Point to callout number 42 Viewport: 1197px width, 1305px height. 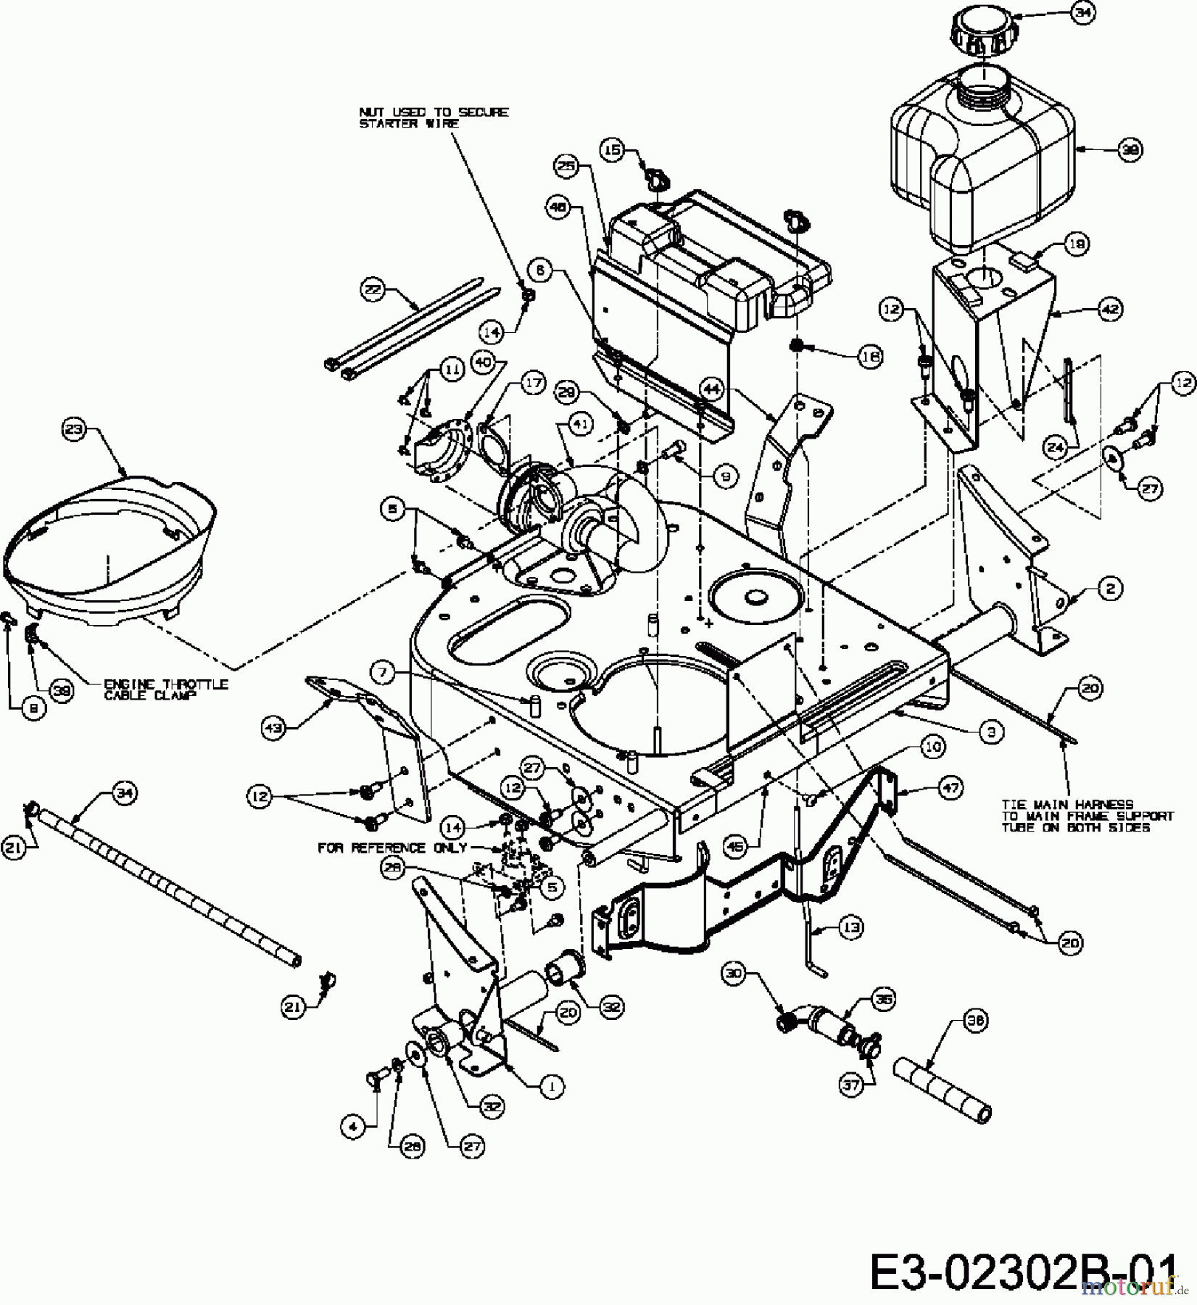(1111, 309)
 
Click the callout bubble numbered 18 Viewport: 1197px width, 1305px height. (1076, 244)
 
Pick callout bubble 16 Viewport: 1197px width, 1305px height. (869, 355)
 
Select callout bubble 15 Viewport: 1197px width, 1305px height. (613, 150)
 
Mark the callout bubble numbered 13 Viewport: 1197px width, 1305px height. (852, 926)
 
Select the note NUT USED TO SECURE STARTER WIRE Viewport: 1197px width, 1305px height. (434, 117)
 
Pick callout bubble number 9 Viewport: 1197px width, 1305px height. (725, 476)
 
